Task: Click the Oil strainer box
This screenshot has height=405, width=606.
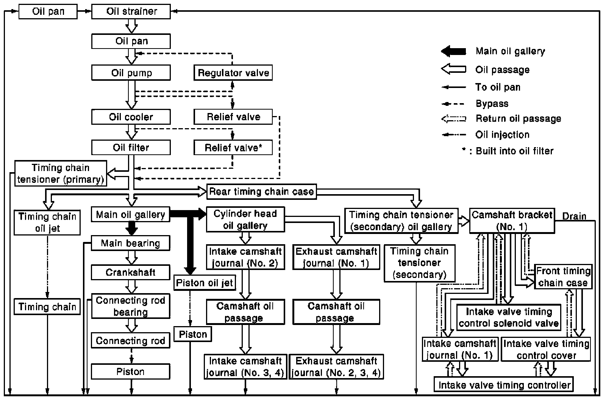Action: tap(131, 11)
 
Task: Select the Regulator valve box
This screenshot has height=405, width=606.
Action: tap(233, 72)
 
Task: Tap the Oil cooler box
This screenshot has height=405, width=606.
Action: tap(131, 117)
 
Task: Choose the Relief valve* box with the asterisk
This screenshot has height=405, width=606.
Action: tap(233, 148)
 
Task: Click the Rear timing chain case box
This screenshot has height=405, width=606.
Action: tap(262, 192)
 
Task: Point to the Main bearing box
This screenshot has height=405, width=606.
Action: tap(131, 243)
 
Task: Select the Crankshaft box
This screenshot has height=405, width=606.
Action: tap(131, 272)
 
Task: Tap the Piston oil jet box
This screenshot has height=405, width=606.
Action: tap(205, 283)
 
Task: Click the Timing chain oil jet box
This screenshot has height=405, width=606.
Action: tap(47, 223)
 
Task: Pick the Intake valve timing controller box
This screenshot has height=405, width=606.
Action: tap(504, 384)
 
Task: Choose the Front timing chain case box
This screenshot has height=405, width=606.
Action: tap(563, 276)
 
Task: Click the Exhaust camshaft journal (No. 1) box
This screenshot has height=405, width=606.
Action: tap(336, 257)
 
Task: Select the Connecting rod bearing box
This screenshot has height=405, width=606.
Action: tap(131, 306)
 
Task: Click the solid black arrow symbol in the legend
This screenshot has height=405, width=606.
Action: tap(454, 51)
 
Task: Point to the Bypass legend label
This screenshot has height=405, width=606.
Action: tap(492, 104)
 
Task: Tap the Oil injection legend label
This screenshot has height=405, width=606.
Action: tap(502, 135)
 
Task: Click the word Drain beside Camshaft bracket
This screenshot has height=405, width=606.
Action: tap(574, 216)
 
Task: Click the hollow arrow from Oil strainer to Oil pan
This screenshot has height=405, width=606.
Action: tap(131, 26)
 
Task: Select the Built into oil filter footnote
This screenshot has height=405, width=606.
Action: tap(508, 151)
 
